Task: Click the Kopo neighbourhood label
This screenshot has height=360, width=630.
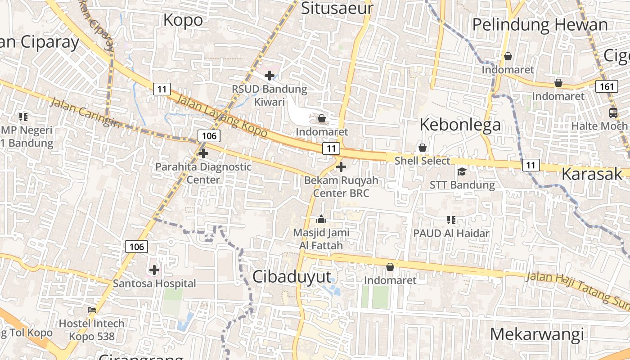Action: tap(183, 20)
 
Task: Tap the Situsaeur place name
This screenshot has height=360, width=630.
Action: tap(337, 8)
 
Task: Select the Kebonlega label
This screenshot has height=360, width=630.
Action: tap(460, 125)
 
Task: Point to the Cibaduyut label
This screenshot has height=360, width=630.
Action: tap(292, 277)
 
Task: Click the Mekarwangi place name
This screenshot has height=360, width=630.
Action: tap(537, 334)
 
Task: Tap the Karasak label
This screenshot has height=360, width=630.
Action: tap(592, 174)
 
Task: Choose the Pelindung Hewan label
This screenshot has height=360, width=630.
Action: tap(540, 25)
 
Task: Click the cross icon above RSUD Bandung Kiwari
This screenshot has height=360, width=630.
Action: tap(270, 76)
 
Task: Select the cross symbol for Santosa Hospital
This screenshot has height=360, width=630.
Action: tap(154, 270)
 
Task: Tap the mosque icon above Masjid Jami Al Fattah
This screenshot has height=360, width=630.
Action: tap(321, 220)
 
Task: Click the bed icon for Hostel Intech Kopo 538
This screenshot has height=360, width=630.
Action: tap(92, 310)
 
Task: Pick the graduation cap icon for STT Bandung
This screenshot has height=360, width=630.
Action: tap(462, 171)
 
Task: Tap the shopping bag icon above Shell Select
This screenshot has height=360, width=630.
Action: tap(422, 148)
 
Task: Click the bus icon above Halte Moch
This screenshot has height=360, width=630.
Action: tap(613, 112)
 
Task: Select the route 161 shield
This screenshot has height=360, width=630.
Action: tap(607, 86)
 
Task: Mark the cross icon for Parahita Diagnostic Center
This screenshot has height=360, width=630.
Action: tap(203, 153)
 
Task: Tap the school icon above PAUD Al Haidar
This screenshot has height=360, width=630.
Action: tap(451, 220)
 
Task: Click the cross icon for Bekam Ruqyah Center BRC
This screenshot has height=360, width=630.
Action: tap(341, 167)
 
